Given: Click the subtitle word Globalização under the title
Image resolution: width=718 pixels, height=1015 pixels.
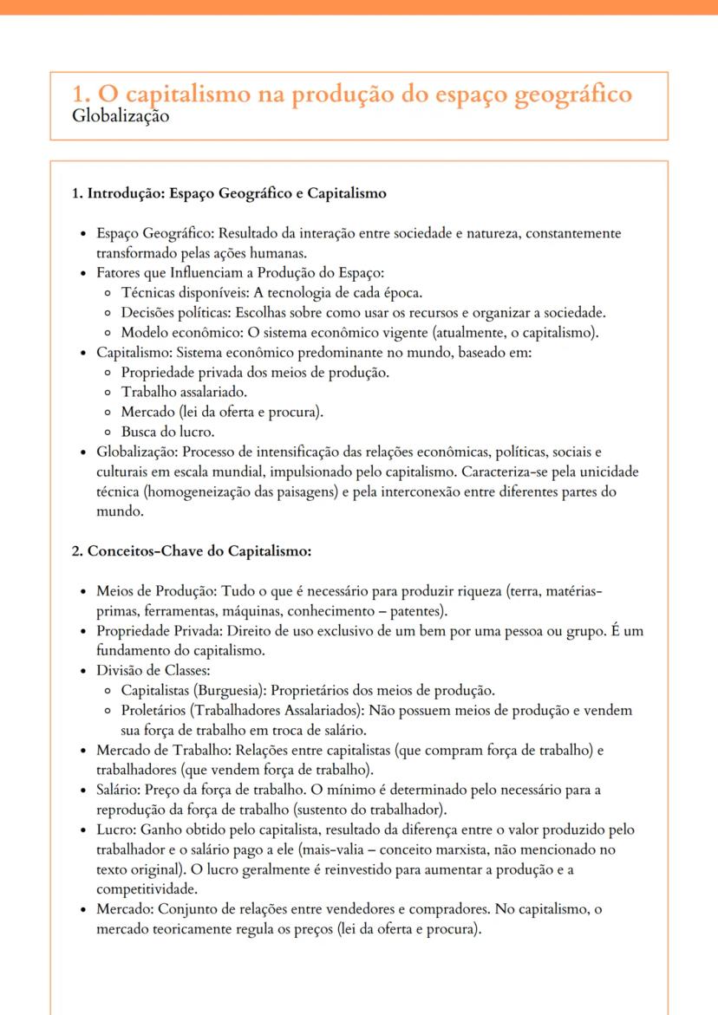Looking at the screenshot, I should pyautogui.click(x=121, y=116).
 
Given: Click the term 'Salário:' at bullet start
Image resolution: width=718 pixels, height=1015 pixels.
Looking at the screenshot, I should pyautogui.click(x=118, y=790).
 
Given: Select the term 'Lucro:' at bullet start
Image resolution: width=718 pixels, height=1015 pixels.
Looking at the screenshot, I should pyautogui.click(x=116, y=830).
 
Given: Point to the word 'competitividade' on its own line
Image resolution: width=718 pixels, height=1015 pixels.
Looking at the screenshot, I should pyautogui.click(x=144, y=889).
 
